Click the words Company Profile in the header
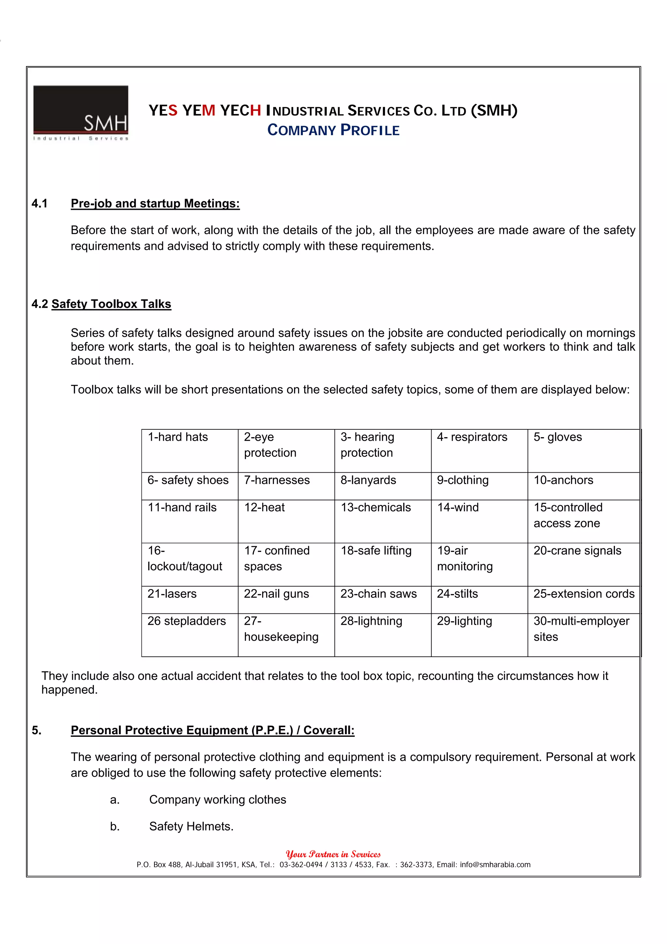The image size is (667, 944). (x=333, y=130)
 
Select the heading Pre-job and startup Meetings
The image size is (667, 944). (x=155, y=204)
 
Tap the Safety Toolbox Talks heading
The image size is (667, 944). (x=111, y=304)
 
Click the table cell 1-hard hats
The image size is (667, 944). (x=178, y=437)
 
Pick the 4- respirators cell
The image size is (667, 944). (x=472, y=437)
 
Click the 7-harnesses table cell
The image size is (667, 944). (x=277, y=480)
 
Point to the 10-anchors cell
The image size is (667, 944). (x=563, y=480)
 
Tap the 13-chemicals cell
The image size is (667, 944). (x=376, y=508)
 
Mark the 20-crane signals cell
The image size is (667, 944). (x=577, y=551)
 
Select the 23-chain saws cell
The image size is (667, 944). (x=378, y=594)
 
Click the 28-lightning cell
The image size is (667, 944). (x=371, y=621)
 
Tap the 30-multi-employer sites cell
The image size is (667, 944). (x=581, y=629)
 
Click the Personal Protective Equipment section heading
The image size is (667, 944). (x=212, y=730)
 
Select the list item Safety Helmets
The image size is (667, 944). (x=191, y=826)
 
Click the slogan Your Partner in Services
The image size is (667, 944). (x=333, y=854)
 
